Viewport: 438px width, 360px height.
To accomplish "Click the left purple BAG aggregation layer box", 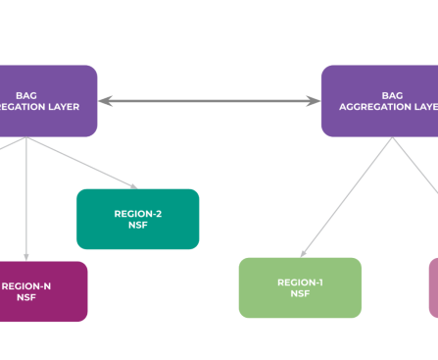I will pyautogui.click(x=47, y=100).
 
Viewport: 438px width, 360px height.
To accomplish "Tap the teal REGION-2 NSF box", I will pyautogui.click(x=137, y=219).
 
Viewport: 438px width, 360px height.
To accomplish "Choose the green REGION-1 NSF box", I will pyautogui.click(x=300, y=287).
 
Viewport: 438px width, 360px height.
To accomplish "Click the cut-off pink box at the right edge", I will pyautogui.click(x=433, y=287).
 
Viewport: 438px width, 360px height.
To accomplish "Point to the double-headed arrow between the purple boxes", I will pyautogui.click(x=210, y=100).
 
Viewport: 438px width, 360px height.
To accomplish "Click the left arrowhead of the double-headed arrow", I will pyautogui.click(x=104, y=100).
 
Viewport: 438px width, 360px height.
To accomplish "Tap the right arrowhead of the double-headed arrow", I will pyautogui.click(x=315, y=100).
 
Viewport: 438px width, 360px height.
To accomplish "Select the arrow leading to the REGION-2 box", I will pyautogui.click(x=88, y=163).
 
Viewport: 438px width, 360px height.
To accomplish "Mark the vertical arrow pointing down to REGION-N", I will pyautogui.click(x=25, y=196).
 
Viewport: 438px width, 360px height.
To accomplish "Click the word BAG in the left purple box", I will pyautogui.click(x=25, y=95).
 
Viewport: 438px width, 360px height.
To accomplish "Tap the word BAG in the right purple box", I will pyautogui.click(x=392, y=95).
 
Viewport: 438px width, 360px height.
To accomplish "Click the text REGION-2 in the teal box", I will pyautogui.click(x=137, y=213).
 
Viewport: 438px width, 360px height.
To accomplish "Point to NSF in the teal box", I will pyautogui.click(x=137, y=225).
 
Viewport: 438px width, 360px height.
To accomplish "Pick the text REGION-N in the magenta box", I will pyautogui.click(x=26, y=285).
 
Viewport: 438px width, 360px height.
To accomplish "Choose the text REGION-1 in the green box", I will pyautogui.click(x=300, y=282).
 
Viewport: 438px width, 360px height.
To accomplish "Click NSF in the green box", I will pyautogui.click(x=300, y=293).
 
